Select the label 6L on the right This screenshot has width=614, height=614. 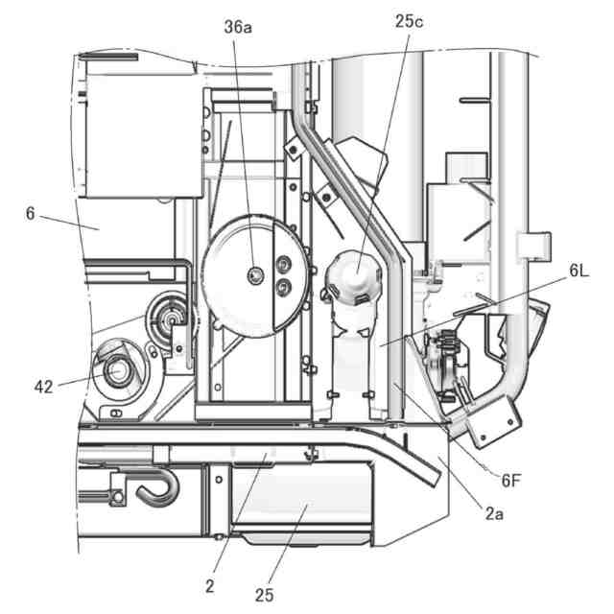tap(578, 272)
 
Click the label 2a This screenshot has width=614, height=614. tap(492, 514)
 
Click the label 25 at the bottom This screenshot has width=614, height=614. tap(265, 595)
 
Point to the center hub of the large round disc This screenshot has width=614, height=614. tap(254, 275)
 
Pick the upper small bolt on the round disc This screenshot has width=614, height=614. tap(282, 264)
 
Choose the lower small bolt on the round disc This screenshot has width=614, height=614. tap(282, 286)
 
